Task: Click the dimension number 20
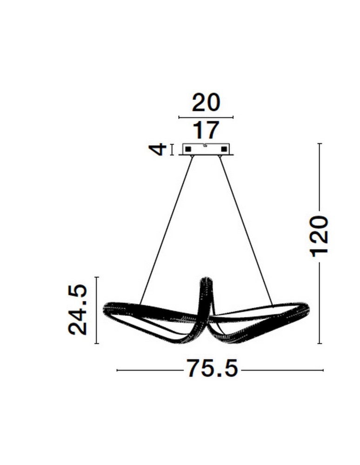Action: pos(206,103)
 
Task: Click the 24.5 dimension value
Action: pos(78,310)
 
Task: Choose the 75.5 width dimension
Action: pos(212,370)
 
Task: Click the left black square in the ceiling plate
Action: pos(189,149)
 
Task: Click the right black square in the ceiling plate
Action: pos(224,149)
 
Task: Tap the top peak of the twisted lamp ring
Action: pos(206,280)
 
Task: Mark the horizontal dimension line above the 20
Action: pos(206,117)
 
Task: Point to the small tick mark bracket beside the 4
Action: pos(172,149)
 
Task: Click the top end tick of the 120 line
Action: pos(320,144)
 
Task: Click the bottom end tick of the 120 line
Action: pos(320,344)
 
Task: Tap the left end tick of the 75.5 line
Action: pos(117,370)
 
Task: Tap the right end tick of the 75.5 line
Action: pos(323,370)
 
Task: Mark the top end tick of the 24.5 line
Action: pos(97,277)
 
